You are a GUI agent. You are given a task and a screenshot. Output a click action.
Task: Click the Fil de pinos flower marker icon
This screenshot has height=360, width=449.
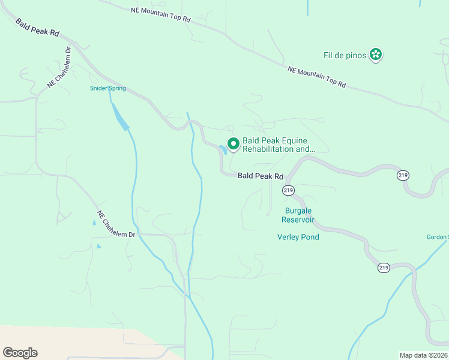click(x=376, y=55)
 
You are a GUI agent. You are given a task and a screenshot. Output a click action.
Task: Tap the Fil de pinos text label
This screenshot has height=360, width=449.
click(x=345, y=56)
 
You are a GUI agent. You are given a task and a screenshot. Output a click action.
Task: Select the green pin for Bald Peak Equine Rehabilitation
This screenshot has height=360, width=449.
click(x=234, y=144)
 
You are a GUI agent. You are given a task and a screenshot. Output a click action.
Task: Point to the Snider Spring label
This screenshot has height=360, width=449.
click(x=108, y=89)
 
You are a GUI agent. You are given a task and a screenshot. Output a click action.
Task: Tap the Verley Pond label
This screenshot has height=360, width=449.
click(x=298, y=237)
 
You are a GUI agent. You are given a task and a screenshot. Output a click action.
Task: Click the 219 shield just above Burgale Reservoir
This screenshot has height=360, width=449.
click(x=288, y=190)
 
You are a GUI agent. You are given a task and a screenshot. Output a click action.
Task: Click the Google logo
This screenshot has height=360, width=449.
click(x=20, y=353)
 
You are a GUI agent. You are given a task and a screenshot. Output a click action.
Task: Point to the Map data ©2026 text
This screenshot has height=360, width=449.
click(x=423, y=355)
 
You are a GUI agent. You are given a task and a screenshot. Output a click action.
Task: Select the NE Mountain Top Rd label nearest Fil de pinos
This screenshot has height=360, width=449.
click(x=317, y=77)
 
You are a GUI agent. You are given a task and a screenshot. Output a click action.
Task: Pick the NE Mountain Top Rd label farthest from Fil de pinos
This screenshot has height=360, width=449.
click(x=161, y=15)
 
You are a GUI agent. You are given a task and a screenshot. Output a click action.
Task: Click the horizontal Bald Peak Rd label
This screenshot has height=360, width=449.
click(x=260, y=176)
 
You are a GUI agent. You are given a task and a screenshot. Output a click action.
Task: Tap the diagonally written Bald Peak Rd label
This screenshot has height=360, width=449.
click(x=37, y=28)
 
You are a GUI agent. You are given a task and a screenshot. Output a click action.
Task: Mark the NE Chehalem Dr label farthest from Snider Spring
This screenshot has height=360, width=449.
click(x=116, y=224)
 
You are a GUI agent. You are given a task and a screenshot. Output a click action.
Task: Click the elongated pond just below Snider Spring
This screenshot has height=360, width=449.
click(x=120, y=116)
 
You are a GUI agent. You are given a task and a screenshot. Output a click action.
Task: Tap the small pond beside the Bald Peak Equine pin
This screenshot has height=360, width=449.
click(x=223, y=149)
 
